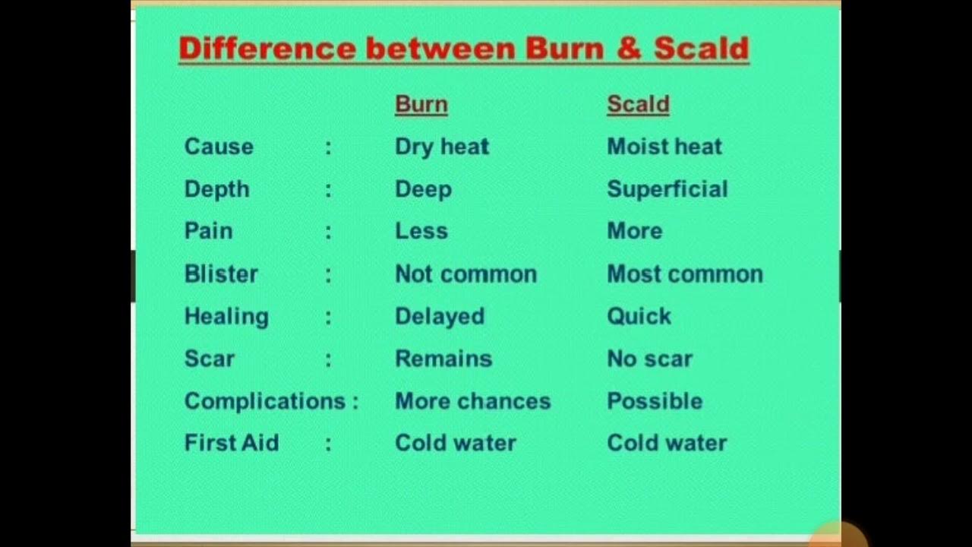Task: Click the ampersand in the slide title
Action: [629, 49]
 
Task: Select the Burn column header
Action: [421, 104]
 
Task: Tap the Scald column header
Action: [638, 104]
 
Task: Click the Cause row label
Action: [219, 147]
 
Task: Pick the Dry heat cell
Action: [442, 147]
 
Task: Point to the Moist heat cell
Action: [664, 147]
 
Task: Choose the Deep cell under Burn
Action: [423, 189]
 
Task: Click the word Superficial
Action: [667, 189]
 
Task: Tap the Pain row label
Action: [208, 231]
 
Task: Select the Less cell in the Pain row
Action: [421, 231]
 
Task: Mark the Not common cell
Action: [465, 273]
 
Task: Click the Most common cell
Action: [684, 273]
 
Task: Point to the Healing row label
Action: [226, 316]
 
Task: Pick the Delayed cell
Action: [439, 316]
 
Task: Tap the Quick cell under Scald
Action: [639, 316]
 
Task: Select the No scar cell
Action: [649, 359]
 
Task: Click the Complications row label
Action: [265, 401]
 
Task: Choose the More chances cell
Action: [472, 401]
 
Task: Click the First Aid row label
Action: [232, 443]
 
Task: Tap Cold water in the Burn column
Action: [455, 443]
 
